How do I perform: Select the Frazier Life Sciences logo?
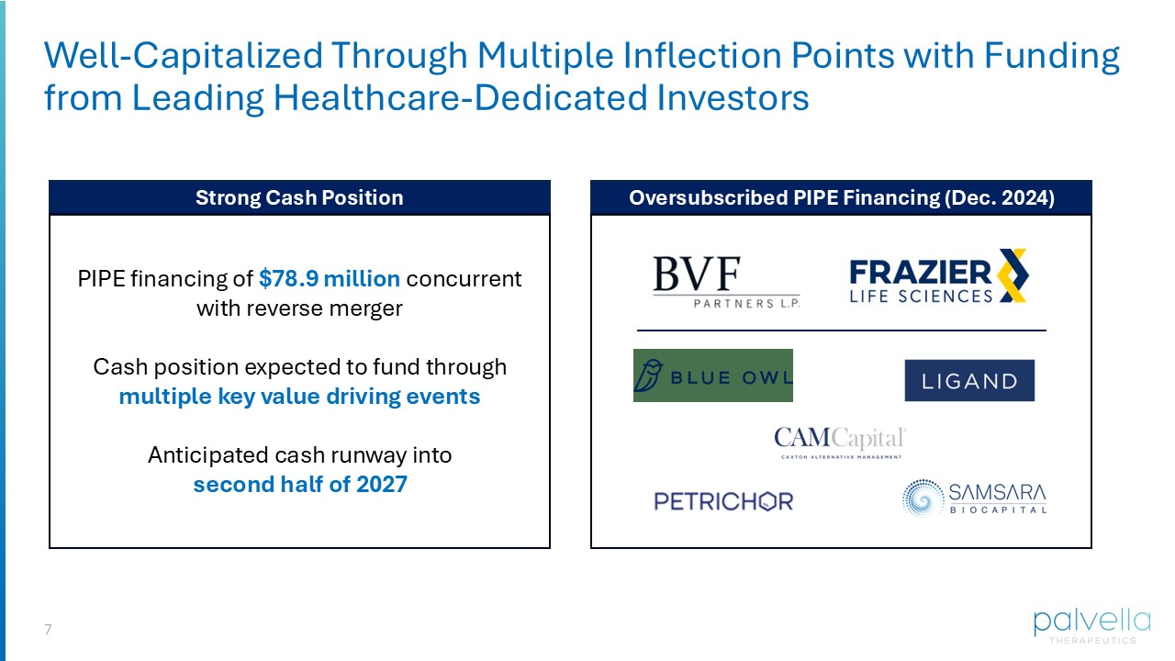[938, 276]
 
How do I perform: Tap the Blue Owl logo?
[712, 375]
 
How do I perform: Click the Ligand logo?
[969, 380]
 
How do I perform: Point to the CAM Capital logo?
[839, 442]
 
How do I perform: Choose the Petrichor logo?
[723, 501]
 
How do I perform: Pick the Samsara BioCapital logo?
[974, 498]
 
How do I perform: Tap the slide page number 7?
[48, 630]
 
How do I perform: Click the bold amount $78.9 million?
[330, 278]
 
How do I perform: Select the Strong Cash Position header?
[299, 197]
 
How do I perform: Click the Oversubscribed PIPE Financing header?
[841, 197]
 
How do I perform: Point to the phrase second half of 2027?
[299, 484]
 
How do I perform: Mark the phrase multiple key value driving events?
[299, 397]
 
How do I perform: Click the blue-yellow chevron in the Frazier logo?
[1013, 275]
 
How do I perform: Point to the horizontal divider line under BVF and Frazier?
[841, 330]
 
